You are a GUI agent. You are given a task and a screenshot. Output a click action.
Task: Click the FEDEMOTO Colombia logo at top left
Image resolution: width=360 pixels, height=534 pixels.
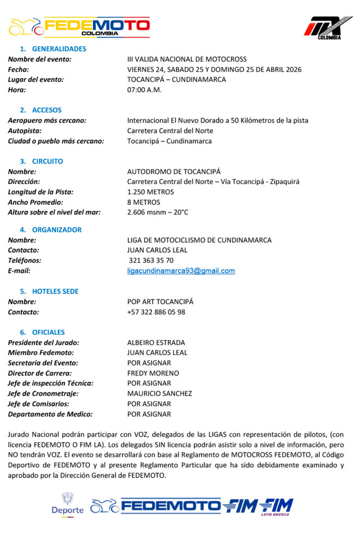click(x=79, y=27)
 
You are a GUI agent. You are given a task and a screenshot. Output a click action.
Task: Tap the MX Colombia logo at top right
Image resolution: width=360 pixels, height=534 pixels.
click(x=322, y=28)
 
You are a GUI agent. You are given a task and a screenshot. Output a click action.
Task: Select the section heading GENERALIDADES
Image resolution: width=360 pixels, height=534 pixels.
click(x=59, y=49)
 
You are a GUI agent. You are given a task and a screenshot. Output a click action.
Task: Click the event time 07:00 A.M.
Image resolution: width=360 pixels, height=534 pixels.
click(x=145, y=90)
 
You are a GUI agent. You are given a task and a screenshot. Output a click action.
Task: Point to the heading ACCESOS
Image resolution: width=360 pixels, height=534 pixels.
click(x=46, y=110)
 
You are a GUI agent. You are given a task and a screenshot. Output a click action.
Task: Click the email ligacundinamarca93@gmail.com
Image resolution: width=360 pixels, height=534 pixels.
click(x=181, y=271)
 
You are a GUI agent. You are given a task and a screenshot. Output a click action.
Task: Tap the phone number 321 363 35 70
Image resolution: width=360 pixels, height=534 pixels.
click(x=151, y=260)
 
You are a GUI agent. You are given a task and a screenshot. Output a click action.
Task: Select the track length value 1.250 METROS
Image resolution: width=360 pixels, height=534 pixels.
click(x=151, y=192)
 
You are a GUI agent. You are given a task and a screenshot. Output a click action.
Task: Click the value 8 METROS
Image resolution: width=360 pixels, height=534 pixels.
click(x=143, y=202)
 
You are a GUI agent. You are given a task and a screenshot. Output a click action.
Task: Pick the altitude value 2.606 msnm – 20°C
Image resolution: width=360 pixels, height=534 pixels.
click(x=158, y=212)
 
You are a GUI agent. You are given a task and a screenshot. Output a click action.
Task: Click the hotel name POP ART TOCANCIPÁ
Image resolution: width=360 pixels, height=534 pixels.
click(x=160, y=301)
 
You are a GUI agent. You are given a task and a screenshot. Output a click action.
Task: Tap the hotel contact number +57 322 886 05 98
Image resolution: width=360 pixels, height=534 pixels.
click(x=156, y=312)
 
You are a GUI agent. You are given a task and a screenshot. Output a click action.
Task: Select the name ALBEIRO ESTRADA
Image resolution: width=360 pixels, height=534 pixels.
click(x=156, y=343)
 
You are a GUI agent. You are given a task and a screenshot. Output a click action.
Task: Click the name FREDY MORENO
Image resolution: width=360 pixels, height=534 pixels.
click(x=153, y=373)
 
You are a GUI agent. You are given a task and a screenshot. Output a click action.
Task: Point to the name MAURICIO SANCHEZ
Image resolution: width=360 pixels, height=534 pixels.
click(x=160, y=394)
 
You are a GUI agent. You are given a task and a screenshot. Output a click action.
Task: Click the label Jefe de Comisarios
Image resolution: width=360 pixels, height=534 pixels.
click(x=39, y=404)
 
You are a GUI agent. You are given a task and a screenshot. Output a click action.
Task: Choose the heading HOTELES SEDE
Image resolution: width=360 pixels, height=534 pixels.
click(x=55, y=292)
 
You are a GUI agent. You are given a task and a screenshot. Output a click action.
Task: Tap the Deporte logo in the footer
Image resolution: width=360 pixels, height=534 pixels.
click(x=67, y=504)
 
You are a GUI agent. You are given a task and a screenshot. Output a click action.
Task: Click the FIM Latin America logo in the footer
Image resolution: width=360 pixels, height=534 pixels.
click(x=276, y=506)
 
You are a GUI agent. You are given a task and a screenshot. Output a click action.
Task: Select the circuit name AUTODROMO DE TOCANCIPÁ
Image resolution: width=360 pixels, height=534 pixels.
click(x=174, y=172)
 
